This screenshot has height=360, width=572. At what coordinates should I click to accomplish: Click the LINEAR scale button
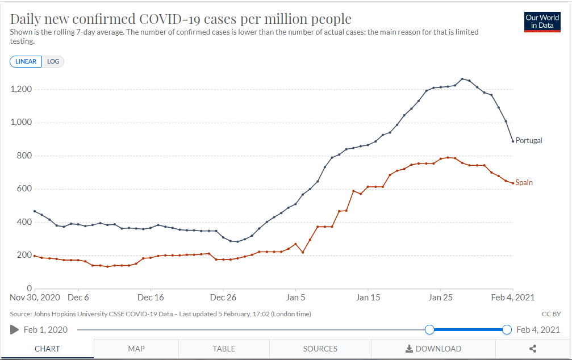pos(26,61)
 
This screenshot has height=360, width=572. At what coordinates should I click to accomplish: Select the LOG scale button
pos(53,61)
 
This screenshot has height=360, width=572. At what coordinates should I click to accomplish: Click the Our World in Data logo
pos(542,22)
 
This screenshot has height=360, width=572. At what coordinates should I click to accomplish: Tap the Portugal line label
pos(529,140)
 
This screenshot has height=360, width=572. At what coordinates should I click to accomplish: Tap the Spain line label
pos(524,183)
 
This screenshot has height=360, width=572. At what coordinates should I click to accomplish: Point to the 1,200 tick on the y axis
pos(21,90)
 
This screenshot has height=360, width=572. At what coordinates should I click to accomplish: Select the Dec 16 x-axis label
pos(151,297)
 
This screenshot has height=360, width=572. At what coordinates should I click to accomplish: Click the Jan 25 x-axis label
pos(440,297)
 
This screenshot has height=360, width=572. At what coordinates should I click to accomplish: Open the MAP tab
pos(136,349)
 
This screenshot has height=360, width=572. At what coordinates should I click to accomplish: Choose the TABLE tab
pos(224,349)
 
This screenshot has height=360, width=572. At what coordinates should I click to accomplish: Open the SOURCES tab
pos(320,349)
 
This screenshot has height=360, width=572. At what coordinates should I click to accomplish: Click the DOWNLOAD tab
pos(433,349)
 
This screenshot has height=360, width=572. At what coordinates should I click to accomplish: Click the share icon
pos(532,349)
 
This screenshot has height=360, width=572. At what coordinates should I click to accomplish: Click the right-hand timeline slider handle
pos(507,329)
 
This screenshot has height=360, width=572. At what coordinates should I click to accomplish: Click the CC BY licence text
pos(552,314)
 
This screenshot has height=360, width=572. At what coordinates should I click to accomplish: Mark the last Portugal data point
pos(513,141)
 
